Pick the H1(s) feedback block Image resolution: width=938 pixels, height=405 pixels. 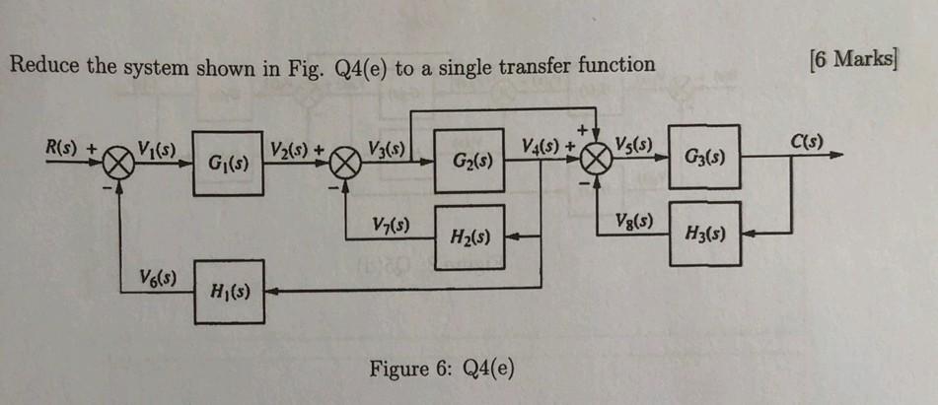[229, 291]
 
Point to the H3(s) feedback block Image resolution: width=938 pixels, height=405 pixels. [704, 235]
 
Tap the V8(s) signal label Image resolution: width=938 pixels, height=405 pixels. [631, 219]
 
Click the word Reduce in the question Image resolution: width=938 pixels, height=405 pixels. [40, 66]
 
